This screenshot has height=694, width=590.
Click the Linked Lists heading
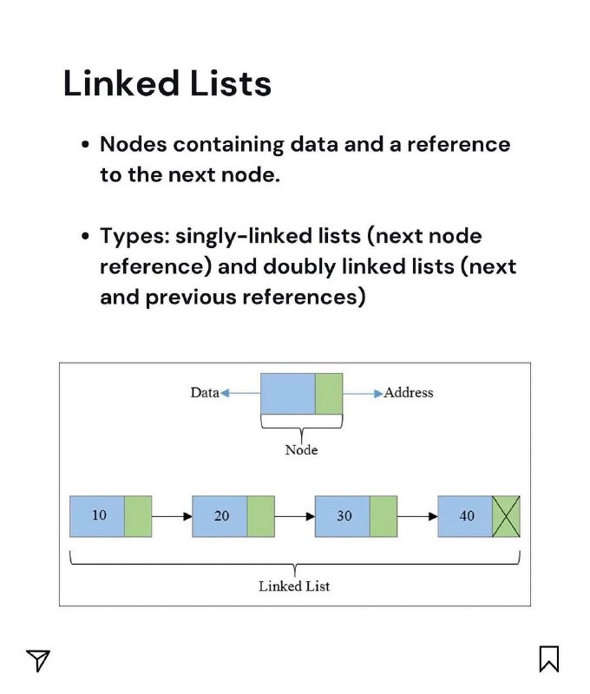[167, 82]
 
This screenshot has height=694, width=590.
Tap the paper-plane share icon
[37, 660]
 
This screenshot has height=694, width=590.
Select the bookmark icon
[549, 658]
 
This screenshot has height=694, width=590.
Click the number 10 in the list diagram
[99, 515]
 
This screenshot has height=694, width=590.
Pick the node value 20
[222, 515]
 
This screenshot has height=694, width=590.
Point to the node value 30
[344, 515]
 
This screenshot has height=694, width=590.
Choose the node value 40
[467, 515]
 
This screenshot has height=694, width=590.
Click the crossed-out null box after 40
[506, 516]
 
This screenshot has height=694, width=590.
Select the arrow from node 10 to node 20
[172, 516]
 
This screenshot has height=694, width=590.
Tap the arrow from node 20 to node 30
[295, 516]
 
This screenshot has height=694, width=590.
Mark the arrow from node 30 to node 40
[417, 516]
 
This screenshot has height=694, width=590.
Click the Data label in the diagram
[205, 393]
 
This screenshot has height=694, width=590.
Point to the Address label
[409, 393]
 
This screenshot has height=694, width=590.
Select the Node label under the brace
[301, 450]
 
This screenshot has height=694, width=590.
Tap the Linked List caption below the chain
[294, 586]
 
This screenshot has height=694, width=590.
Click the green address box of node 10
[138, 516]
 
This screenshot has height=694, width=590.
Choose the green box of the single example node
[329, 394]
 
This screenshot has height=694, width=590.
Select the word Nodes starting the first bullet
[134, 144]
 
